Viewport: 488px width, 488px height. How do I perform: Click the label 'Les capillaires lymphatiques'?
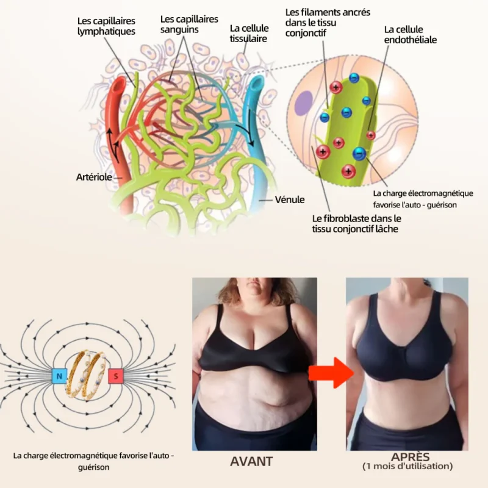tap(106, 26)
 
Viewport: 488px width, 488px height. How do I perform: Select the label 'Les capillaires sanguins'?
tap(189, 24)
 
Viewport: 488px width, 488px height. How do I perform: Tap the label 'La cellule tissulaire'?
tap(249, 34)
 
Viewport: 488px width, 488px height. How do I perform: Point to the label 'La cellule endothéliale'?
tap(410, 35)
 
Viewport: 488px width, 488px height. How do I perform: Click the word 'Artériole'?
tap(94, 177)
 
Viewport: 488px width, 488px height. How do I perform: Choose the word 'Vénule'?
tap(290, 200)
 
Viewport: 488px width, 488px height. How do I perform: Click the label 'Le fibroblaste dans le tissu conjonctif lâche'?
tap(357, 224)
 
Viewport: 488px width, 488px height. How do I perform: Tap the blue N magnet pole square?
tap(59, 376)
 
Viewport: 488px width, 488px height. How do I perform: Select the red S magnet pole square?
tap(116, 376)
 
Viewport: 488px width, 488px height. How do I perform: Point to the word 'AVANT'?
tap(251, 462)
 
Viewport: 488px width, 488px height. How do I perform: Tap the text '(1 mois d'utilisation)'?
tap(407, 466)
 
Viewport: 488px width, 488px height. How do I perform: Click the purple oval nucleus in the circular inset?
tap(303, 104)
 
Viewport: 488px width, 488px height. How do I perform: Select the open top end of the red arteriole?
tap(118, 84)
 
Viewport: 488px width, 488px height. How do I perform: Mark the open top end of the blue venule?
tap(257, 82)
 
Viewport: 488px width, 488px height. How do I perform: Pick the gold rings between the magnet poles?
tap(87, 375)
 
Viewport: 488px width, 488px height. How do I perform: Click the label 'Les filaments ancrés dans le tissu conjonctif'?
tap(328, 23)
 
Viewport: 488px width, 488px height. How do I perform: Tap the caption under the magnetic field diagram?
tap(94, 461)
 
